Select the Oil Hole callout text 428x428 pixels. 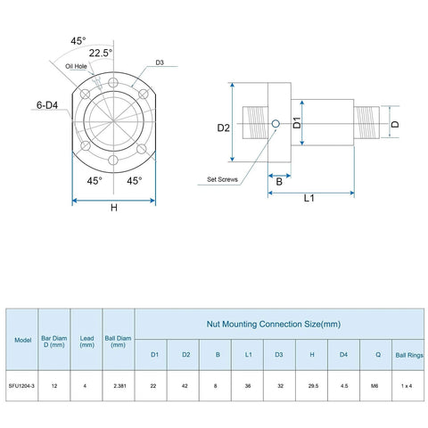77,65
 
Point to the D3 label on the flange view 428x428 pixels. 160,63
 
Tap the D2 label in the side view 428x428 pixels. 224,128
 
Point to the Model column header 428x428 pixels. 22,340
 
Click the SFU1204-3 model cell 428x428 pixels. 22,385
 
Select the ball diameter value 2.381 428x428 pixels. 119,385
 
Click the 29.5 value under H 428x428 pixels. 312,385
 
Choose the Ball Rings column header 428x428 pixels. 409,355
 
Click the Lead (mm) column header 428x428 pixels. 86,340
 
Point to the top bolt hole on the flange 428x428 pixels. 112,83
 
